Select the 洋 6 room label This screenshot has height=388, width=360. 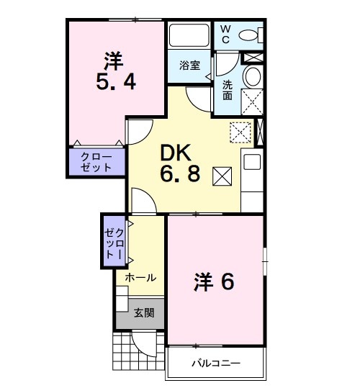pos(214,282)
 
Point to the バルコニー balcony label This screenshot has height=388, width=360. pos(215,363)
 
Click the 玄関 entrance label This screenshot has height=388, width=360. pos(144,312)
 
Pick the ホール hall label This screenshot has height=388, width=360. pos(140,277)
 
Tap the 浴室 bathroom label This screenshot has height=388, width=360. pos(190,66)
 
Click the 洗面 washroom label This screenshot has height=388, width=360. pos(227,90)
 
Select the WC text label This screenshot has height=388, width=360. pos(225,34)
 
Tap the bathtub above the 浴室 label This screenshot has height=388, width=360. pos(189,36)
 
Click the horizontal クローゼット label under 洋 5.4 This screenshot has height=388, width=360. pos(96,162)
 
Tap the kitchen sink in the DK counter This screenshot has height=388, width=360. pos(252,161)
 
